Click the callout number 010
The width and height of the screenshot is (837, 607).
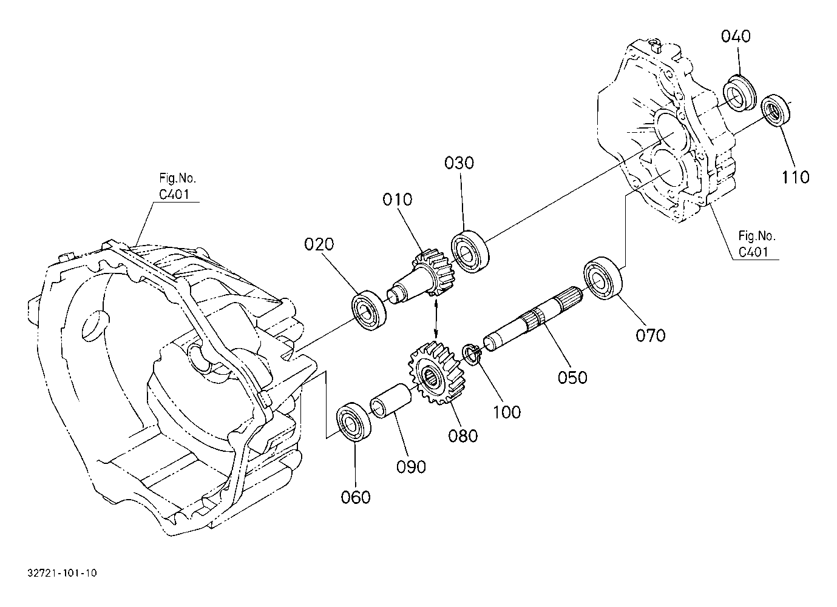397,200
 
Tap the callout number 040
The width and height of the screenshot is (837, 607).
736,36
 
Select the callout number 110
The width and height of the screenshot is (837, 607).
796,177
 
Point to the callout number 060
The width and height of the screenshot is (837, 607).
355,497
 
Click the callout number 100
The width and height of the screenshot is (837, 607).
507,412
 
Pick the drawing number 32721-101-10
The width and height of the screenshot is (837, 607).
62,572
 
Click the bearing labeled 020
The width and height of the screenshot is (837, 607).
369,310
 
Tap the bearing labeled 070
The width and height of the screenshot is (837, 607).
603,278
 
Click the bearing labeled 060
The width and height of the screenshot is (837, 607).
354,422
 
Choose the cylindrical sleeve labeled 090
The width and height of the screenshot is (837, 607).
390,401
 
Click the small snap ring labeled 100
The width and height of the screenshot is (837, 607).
472,355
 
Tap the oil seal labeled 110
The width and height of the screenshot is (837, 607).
776,110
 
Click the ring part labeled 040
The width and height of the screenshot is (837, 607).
739,93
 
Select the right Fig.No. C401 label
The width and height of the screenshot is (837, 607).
756,244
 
